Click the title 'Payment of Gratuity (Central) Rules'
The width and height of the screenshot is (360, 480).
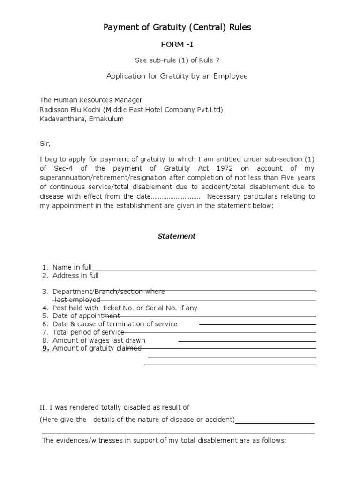pos(177,27)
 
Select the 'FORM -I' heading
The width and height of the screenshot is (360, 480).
pos(177,45)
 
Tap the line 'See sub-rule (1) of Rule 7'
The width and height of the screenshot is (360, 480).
pos(177,60)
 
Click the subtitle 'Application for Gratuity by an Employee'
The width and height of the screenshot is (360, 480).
pos(177,76)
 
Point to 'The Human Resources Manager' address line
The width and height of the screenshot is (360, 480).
pos(91,100)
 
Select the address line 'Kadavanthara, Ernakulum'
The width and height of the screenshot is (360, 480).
pos(82,119)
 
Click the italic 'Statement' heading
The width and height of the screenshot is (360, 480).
pos(176,236)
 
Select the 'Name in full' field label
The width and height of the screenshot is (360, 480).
pos(72,267)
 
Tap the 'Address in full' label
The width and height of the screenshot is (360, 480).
pos(75,276)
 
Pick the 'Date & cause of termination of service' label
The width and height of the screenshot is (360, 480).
pos(115,324)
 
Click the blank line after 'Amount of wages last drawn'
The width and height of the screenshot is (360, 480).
pos(247,341)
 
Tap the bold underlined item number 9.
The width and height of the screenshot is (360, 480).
pos(46,348)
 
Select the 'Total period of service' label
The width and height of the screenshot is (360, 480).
pos(88,332)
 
